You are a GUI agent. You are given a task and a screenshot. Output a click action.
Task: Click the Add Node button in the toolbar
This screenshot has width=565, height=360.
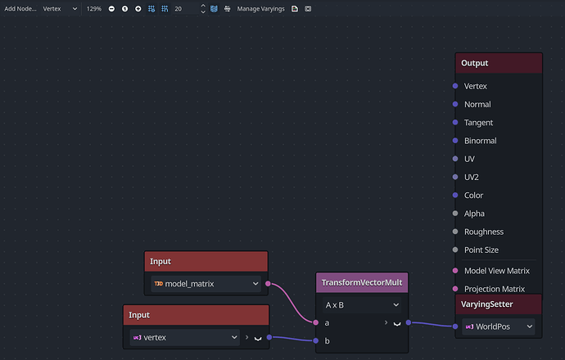(x=20, y=9)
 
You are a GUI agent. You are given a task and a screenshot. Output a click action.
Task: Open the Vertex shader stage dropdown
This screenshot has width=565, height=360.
(x=60, y=9)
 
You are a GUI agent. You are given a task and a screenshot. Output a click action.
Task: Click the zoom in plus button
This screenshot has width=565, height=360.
(x=138, y=9)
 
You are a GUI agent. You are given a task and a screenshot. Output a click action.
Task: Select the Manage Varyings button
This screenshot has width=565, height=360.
(x=260, y=9)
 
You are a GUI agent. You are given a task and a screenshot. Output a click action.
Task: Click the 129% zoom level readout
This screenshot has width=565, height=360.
(x=93, y=9)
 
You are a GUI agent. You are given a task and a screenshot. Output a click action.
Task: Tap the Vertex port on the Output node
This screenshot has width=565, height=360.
(x=455, y=86)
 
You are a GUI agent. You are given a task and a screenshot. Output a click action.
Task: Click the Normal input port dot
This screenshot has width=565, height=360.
(x=455, y=104)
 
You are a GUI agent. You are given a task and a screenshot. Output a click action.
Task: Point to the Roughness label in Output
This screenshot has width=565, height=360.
(x=484, y=232)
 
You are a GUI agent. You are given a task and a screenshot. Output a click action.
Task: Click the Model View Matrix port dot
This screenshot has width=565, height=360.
(x=455, y=270)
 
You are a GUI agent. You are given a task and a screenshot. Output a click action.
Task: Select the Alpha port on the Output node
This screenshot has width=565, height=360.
(x=455, y=214)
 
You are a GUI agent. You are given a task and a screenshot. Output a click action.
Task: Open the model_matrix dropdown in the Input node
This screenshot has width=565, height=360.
(x=206, y=284)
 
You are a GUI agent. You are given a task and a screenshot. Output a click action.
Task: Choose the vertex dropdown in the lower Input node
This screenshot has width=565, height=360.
(x=184, y=337)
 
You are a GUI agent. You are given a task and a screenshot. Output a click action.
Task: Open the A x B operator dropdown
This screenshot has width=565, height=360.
(x=362, y=305)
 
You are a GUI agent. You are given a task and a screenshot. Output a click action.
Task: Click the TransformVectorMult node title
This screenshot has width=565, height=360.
(x=362, y=282)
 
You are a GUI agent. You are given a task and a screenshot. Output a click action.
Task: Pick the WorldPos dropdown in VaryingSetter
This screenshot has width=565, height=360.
(x=499, y=326)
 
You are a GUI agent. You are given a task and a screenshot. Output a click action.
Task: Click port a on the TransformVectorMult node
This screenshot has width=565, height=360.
(x=315, y=322)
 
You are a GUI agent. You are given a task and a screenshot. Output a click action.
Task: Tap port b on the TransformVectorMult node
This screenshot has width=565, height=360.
(x=315, y=340)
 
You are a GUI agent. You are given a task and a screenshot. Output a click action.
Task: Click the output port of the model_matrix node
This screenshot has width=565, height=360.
(x=268, y=284)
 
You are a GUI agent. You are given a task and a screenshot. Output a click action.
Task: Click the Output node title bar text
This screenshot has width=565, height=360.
(x=475, y=63)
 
